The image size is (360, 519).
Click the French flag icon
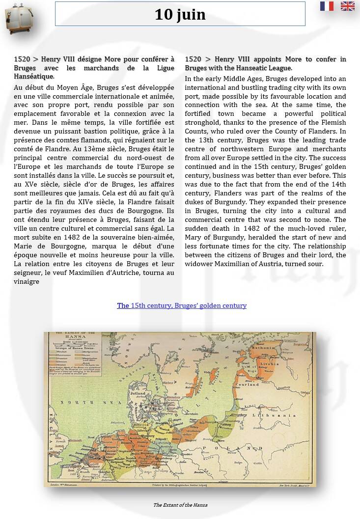(327, 6)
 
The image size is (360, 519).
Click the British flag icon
(348, 6)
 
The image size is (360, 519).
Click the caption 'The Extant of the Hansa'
(180, 505)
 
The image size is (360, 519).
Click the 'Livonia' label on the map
(270, 364)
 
